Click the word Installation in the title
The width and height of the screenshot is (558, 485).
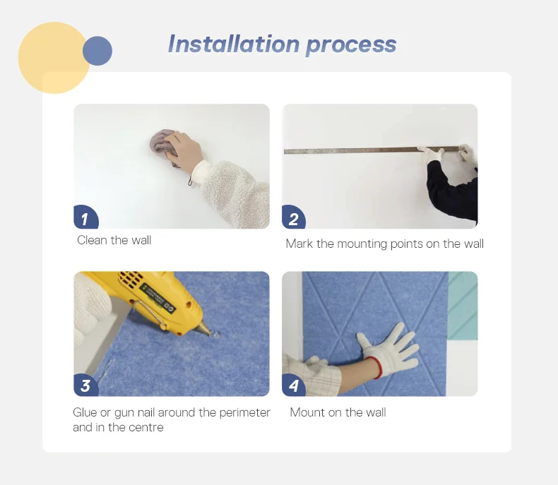234,44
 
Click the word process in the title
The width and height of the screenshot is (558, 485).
351,46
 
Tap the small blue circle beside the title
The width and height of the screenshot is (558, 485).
97,51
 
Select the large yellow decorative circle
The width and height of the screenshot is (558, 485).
54,58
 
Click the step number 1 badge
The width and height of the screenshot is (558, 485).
85,217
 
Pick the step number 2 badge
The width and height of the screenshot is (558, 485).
293,217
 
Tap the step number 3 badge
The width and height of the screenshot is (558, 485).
85,385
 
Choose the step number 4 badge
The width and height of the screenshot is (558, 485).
293,385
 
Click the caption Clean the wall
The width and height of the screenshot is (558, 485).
114,240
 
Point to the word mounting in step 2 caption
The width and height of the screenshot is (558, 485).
362,244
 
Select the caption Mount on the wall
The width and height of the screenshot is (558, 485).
338,412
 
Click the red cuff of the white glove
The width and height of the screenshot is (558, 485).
374,367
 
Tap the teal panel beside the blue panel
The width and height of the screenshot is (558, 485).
463,306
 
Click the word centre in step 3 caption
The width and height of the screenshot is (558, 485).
146,427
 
